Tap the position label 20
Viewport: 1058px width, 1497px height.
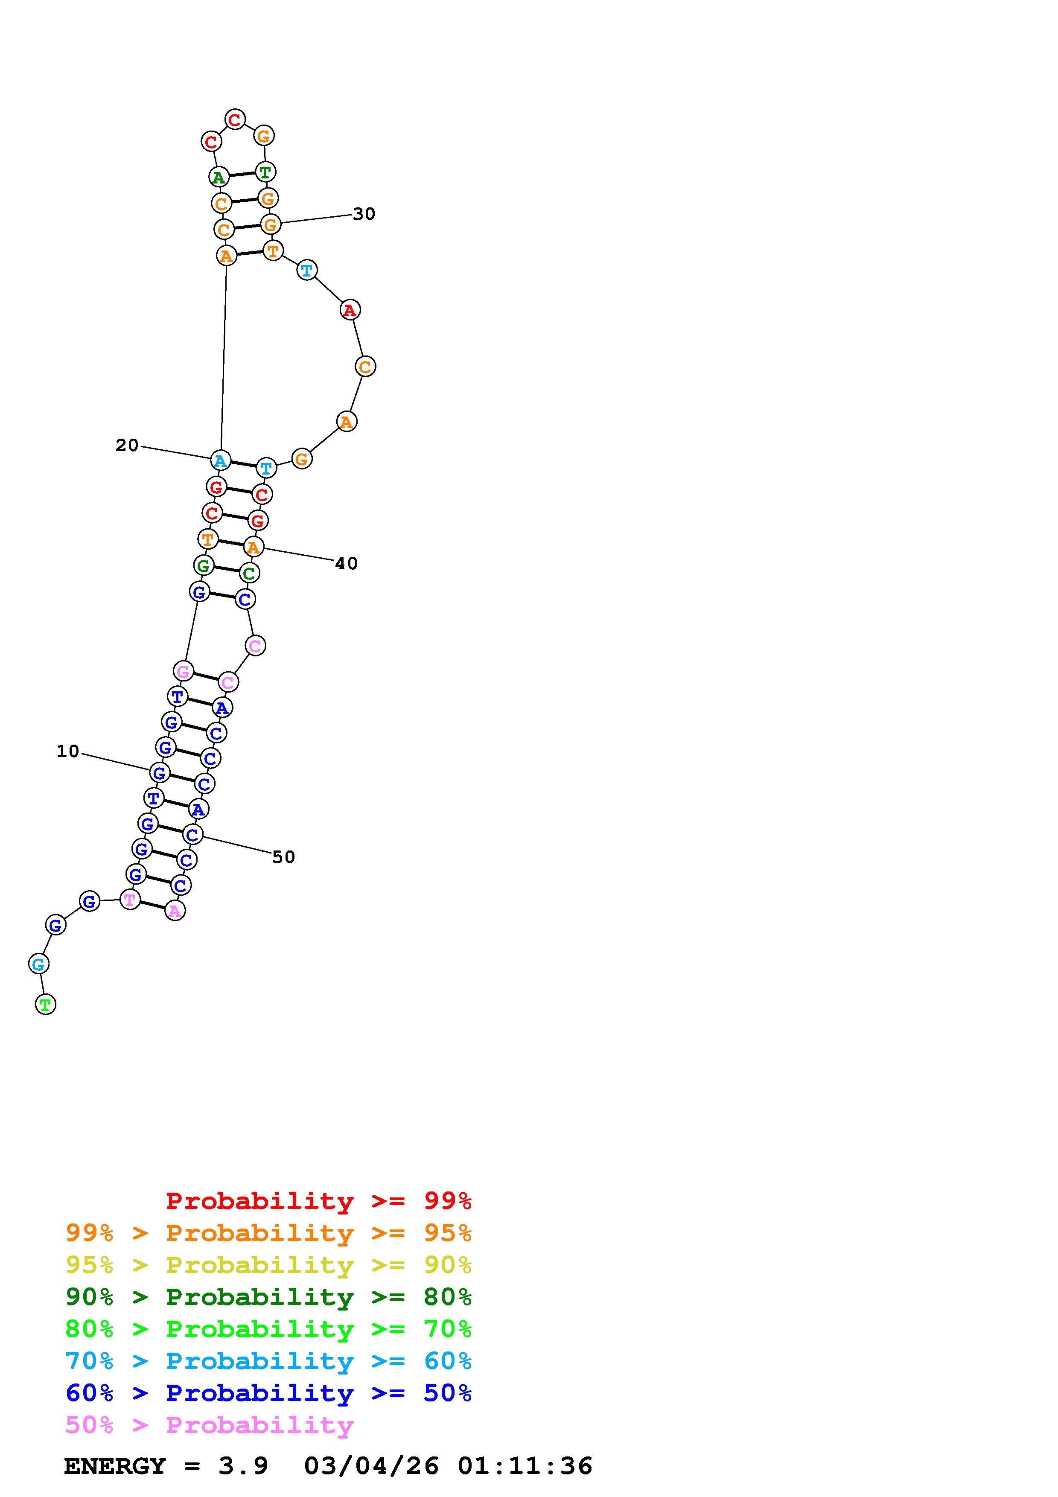(127, 446)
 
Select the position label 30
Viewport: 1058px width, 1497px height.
(364, 214)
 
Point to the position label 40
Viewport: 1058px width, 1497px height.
(347, 563)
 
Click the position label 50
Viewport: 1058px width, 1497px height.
(283, 857)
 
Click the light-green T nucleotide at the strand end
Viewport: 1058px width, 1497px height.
(45, 1004)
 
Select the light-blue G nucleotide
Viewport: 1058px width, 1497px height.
(38, 964)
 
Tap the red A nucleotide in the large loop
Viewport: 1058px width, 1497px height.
(350, 310)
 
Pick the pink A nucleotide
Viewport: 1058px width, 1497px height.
(175, 910)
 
